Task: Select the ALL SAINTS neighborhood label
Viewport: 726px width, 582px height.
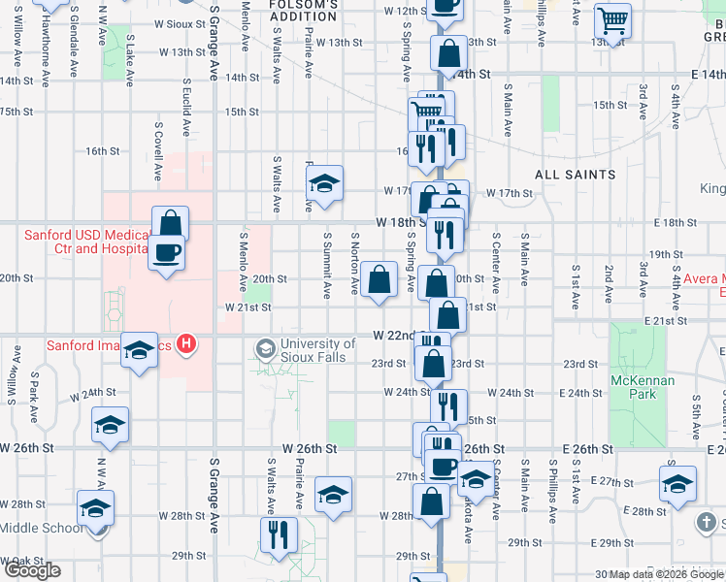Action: tap(576, 175)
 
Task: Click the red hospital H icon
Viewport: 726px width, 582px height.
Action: tap(188, 344)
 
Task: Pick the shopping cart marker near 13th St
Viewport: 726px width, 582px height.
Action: tap(612, 20)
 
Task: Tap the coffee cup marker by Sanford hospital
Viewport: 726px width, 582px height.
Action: tap(165, 254)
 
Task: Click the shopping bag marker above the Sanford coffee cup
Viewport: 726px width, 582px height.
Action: tap(170, 223)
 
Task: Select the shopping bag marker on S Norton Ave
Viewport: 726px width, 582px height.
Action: tap(381, 279)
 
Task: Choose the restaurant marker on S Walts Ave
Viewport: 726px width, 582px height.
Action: tap(279, 534)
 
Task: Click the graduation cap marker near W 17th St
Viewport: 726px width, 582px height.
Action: tap(325, 182)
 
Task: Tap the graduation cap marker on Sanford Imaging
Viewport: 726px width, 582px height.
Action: tap(140, 351)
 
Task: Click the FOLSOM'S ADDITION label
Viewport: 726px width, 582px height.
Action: tap(304, 11)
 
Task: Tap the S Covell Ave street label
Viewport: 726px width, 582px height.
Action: tap(157, 151)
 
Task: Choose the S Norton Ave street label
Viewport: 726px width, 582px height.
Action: tap(355, 263)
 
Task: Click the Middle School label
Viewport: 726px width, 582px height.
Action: tap(34, 528)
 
